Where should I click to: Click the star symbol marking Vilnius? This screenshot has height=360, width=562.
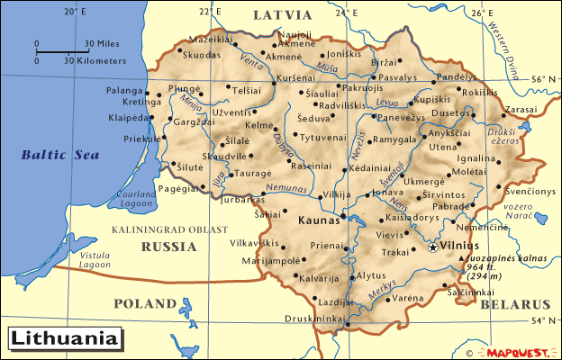pyautogui.click(x=433, y=246)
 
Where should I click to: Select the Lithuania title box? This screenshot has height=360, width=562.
pyautogui.click(x=65, y=339)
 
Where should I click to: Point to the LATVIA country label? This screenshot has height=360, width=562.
pyautogui.click(x=282, y=15)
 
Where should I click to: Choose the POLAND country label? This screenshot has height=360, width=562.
pyautogui.click(x=144, y=302)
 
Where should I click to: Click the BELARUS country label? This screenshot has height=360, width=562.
pyautogui.click(x=514, y=304)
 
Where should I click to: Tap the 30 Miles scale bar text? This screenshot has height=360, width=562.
pyautogui.click(x=101, y=43)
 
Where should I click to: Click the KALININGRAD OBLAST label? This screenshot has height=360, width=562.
pyautogui.click(x=170, y=230)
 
